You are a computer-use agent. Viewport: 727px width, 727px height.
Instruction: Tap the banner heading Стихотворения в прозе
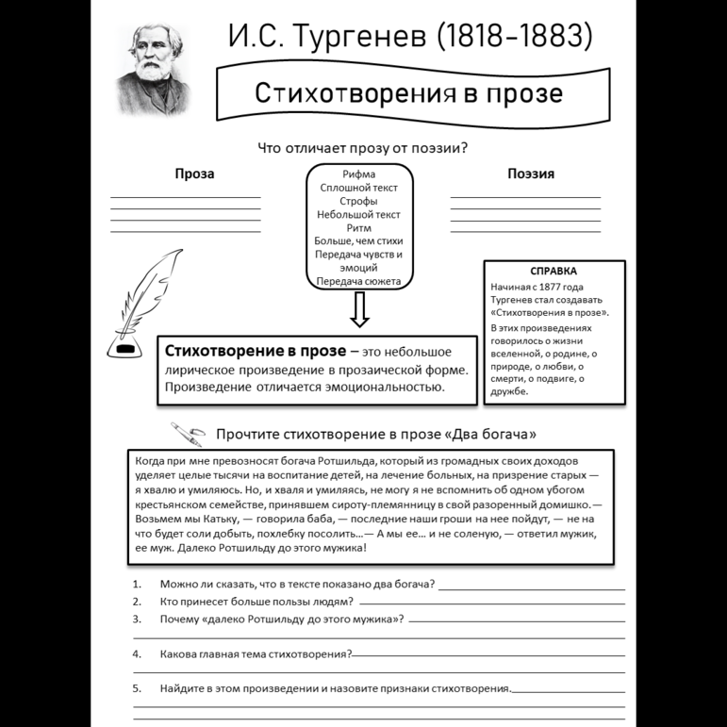(408, 93)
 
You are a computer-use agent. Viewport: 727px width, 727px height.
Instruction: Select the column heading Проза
(194, 173)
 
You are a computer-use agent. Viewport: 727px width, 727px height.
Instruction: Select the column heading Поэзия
(530, 173)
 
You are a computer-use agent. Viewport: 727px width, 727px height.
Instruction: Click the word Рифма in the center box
(358, 174)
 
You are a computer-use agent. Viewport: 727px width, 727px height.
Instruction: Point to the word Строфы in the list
(358, 201)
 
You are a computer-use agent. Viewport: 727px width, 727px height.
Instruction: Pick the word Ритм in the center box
(358, 227)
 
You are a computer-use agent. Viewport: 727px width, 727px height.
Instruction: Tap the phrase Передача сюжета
(358, 281)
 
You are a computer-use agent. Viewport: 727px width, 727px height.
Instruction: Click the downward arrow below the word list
(359, 308)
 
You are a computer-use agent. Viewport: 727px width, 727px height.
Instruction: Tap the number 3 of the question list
(137, 619)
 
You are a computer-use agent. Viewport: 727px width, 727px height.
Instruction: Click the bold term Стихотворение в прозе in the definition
(249, 351)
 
